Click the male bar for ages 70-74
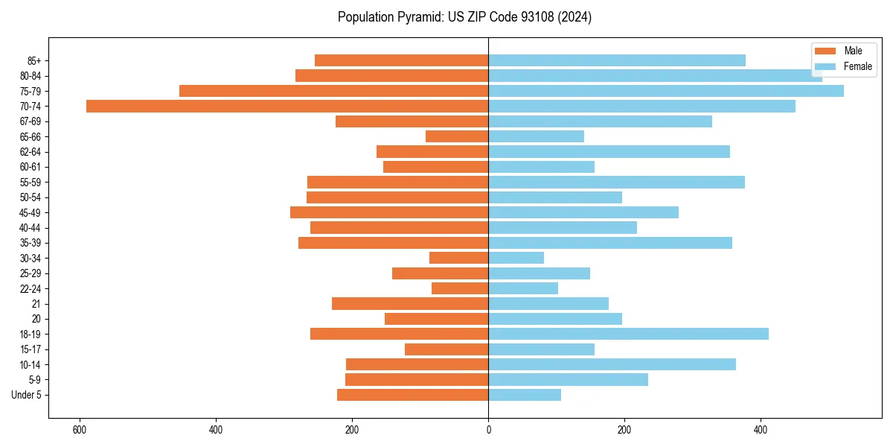tap(287, 106)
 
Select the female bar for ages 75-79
tap(666, 91)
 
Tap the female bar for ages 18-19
tap(628, 334)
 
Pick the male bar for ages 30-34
tap(458, 258)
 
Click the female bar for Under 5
tap(525, 395)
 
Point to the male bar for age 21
tap(410, 303)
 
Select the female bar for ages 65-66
tap(536, 136)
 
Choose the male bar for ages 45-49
tap(389, 212)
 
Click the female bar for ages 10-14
tap(612, 364)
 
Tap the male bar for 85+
tap(401, 60)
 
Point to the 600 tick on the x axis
tap(80, 430)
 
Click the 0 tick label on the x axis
tap(488, 430)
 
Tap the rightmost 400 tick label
tap(761, 430)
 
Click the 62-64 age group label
tap(31, 152)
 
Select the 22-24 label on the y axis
tap(31, 288)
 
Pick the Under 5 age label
tap(26, 395)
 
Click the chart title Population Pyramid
tap(464, 17)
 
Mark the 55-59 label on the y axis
tap(31, 182)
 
